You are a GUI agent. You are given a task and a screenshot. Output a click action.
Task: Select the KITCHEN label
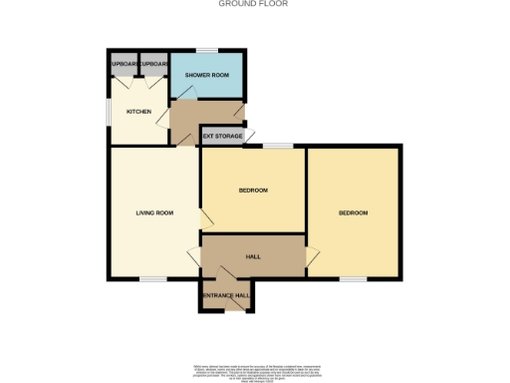click(x=138, y=112)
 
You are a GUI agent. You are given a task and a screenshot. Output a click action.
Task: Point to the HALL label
click(x=253, y=256)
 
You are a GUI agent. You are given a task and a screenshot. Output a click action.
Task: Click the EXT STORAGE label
click(x=222, y=136)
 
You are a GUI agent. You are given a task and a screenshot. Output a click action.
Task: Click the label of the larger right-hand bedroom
click(x=353, y=212)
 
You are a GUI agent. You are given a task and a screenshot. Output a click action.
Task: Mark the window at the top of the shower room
click(x=206, y=50)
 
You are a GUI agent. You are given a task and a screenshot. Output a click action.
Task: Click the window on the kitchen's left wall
click(x=110, y=110)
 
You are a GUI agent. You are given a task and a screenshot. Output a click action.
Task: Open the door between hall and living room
click(x=195, y=256)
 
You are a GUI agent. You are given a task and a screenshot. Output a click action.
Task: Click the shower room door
click(x=185, y=94)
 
